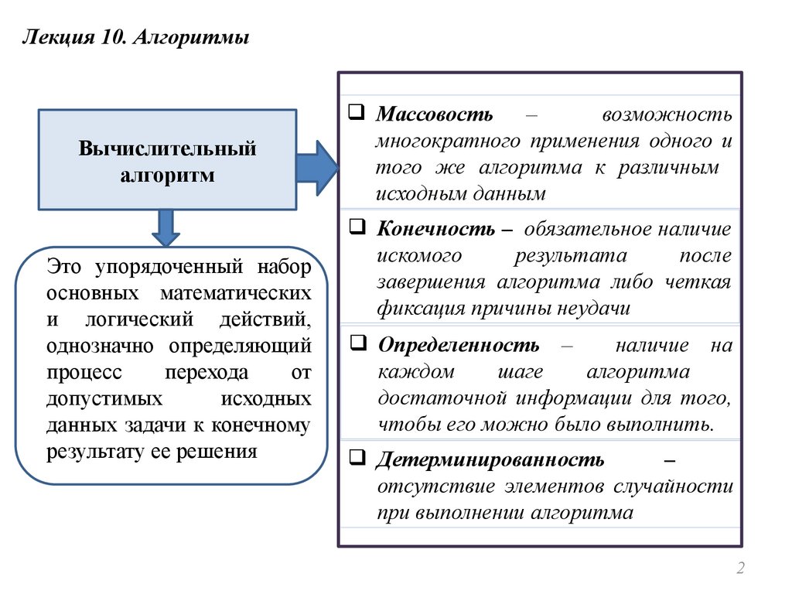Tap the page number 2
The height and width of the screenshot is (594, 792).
coord(740,569)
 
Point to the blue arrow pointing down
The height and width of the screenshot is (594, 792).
coord(166,228)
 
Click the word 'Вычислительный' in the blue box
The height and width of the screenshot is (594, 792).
coord(167,148)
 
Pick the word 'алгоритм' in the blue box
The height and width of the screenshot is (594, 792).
coord(167,176)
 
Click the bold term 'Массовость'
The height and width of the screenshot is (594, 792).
coord(435,115)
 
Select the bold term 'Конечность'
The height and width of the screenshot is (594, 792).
coord(436,230)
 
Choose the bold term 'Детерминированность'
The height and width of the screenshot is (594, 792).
coord(490,460)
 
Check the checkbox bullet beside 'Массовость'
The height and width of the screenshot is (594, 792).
coord(357,112)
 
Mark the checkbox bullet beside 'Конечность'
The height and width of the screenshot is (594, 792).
coord(357,227)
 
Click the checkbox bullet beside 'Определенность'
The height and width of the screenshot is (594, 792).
coord(357,342)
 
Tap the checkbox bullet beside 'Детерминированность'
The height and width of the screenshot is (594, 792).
coord(357,457)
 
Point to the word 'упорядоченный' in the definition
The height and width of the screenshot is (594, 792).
coord(167,268)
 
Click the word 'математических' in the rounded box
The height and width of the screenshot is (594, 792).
coord(237,294)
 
